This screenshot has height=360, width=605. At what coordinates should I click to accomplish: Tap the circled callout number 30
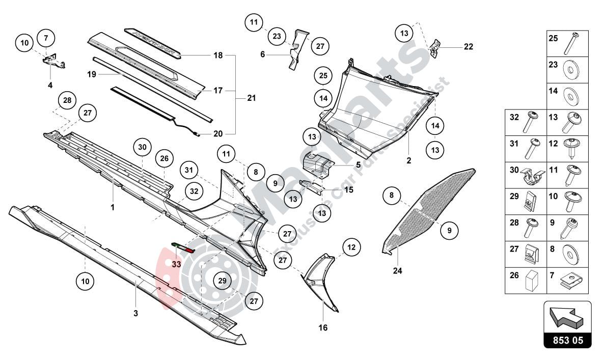tap(142, 147)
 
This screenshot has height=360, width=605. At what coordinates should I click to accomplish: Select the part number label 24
tap(397, 271)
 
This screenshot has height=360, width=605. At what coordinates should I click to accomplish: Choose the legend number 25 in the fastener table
tap(553, 38)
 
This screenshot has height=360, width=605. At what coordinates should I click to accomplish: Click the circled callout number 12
tap(350, 247)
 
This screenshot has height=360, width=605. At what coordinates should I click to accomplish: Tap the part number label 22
tap(468, 47)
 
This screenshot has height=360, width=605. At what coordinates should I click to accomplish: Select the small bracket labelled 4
tap(53, 62)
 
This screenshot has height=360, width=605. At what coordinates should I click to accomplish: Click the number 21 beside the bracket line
tap(251, 98)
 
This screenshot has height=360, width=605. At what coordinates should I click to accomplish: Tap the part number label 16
tap(323, 327)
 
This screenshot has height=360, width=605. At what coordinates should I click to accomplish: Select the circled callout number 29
tap(222, 281)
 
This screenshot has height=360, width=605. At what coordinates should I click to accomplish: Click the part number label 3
tap(135, 313)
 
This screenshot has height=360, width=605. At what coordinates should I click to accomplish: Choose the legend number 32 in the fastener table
tap(514, 117)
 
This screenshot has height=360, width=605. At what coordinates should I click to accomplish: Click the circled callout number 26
tap(164, 158)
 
